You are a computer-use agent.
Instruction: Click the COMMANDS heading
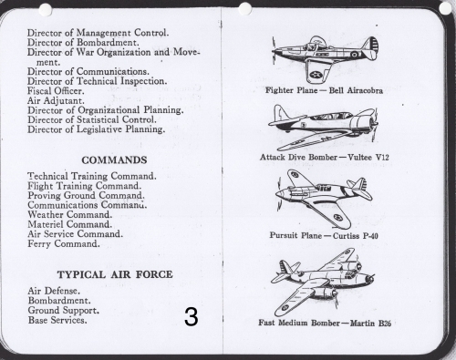click(x=114, y=160)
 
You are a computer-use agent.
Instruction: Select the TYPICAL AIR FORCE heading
click(x=115, y=274)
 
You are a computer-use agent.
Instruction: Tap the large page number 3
click(x=192, y=317)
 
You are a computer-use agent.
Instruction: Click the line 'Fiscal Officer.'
click(x=56, y=91)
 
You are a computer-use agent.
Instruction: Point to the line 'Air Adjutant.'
click(x=56, y=100)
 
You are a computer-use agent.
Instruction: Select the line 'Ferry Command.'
click(x=64, y=243)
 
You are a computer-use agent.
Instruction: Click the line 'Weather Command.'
click(x=69, y=214)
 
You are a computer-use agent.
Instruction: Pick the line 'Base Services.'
click(x=57, y=320)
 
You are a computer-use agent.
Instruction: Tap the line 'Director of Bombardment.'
click(x=83, y=43)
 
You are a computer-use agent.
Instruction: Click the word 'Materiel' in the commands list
click(x=46, y=224)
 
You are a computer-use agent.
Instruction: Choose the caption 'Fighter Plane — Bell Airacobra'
click(x=324, y=90)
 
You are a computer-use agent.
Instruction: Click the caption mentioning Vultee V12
click(x=325, y=157)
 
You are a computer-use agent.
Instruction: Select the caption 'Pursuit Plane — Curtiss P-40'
click(x=324, y=235)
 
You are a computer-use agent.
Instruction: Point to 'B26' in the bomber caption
click(x=385, y=323)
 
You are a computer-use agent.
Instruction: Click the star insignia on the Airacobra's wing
click(x=316, y=75)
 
